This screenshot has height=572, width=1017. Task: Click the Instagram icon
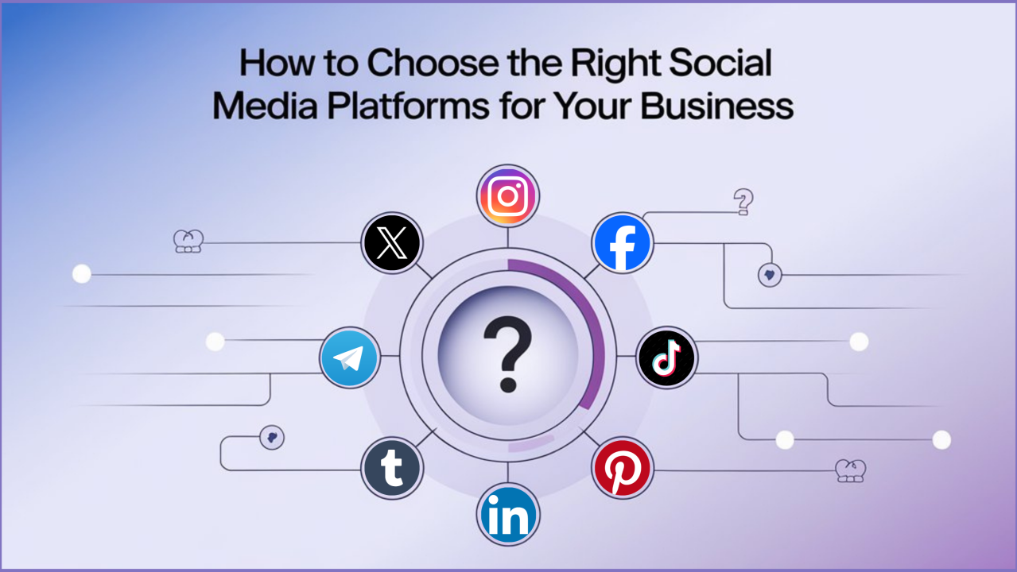tap(508, 195)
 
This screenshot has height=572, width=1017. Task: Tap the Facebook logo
tap(623, 243)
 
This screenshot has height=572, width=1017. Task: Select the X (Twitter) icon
tap(391, 243)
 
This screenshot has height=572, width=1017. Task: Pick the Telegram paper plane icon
tap(349, 359)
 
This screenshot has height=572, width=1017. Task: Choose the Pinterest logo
tap(623, 468)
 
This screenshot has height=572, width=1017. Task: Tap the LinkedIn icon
tap(508, 516)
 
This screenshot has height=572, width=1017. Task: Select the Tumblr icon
tap(392, 469)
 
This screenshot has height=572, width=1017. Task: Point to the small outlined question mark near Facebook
tap(743, 202)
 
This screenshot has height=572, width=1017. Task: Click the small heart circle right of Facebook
tap(770, 275)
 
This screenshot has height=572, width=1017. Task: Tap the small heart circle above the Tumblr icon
tap(272, 437)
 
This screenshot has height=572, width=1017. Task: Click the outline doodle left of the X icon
tap(188, 242)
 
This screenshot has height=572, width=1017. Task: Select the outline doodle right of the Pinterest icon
tap(850, 470)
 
